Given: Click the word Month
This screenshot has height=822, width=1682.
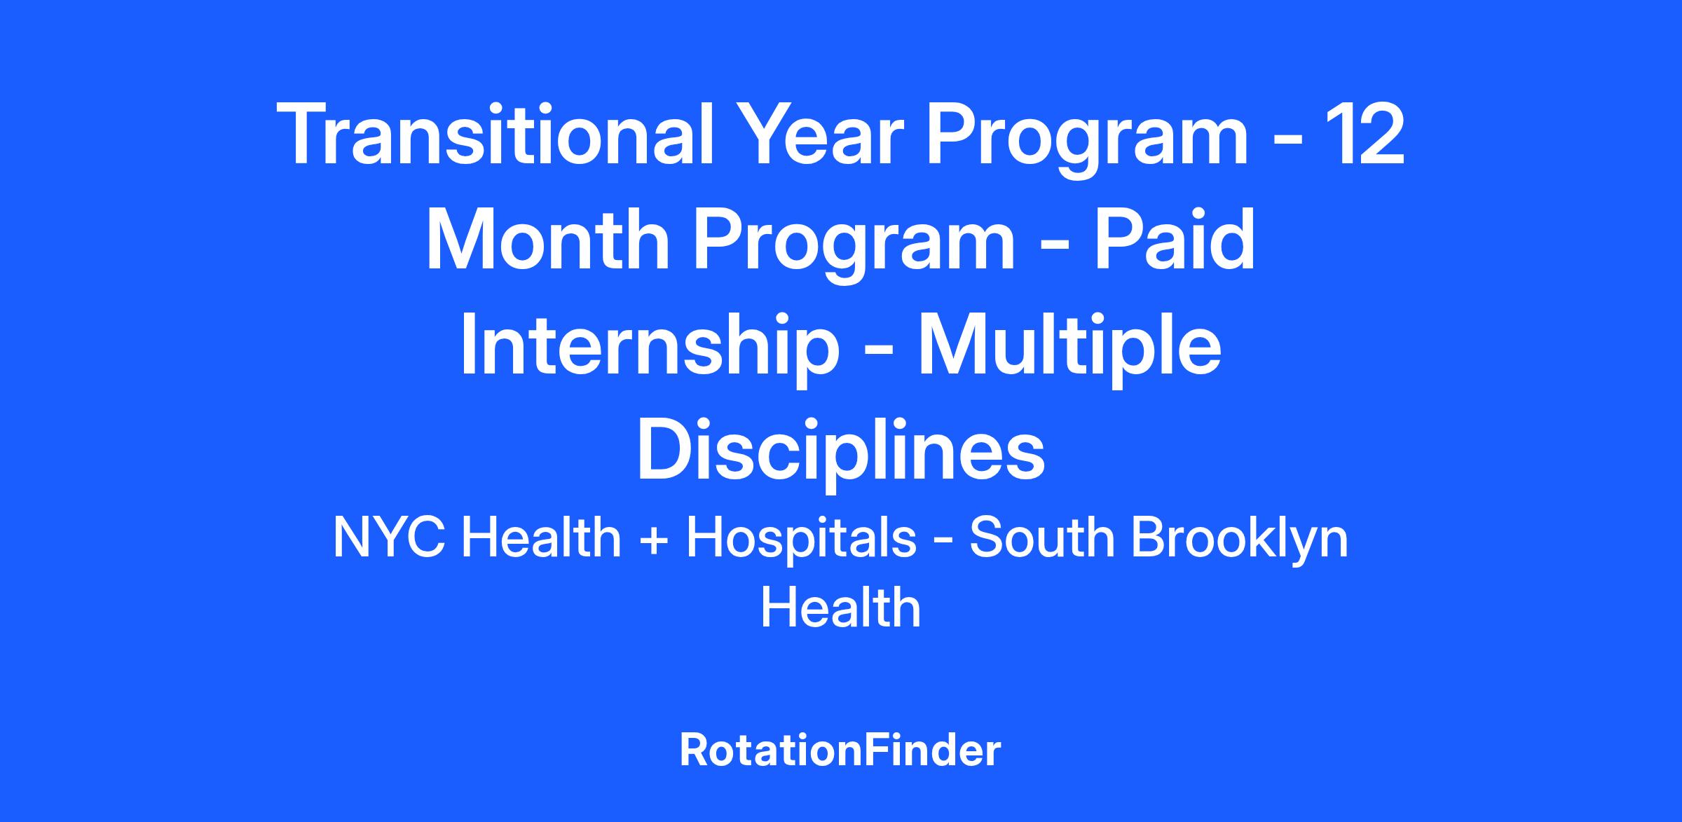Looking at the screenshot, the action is (x=547, y=238).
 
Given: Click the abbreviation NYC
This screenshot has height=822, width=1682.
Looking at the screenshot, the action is (x=390, y=537).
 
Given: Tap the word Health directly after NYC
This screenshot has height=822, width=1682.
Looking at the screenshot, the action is (x=541, y=537).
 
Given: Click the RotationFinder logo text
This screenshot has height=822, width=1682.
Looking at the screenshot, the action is (x=840, y=750).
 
